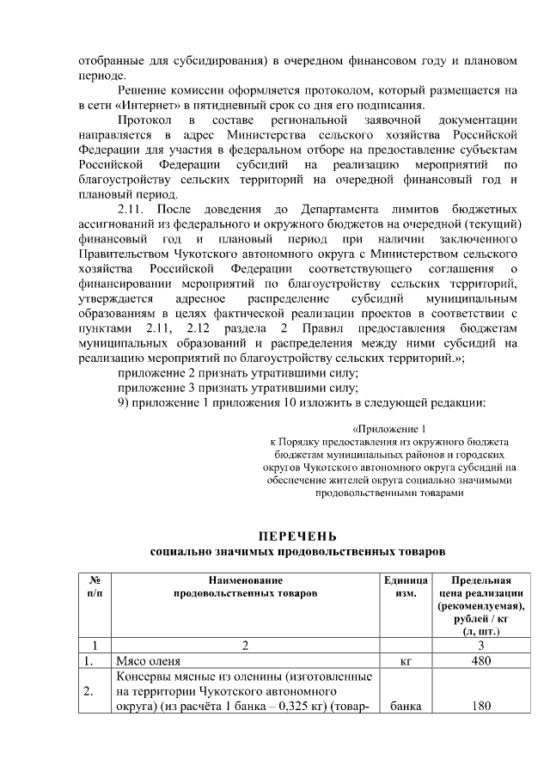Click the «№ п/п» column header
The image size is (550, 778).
[x=96, y=586]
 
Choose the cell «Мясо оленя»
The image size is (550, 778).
[x=148, y=661]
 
